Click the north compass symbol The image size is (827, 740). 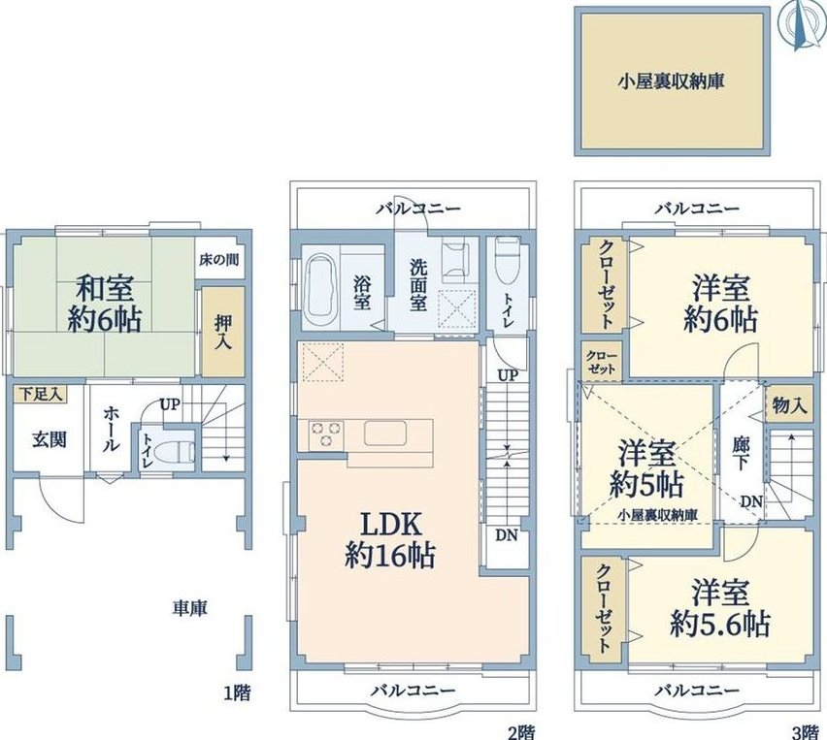pyautogui.click(x=800, y=25)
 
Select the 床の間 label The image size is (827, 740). pyautogui.click(x=218, y=259)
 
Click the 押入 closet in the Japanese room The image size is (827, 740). pyautogui.click(x=223, y=332)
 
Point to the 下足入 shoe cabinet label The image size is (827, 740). pyautogui.click(x=42, y=394)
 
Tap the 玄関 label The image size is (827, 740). pyautogui.click(x=50, y=439)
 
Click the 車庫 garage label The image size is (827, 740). pyautogui.click(x=190, y=608)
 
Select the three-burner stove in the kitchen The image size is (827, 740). pyautogui.click(x=326, y=435)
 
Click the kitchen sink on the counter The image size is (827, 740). pyautogui.click(x=384, y=434)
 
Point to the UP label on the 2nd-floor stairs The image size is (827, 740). pyautogui.click(x=508, y=375)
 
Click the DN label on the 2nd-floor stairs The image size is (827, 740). pyautogui.click(x=507, y=535)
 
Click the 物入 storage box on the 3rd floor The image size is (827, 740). pyautogui.click(x=789, y=404)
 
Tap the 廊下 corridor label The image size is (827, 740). pyautogui.click(x=740, y=453)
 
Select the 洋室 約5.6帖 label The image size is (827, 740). pyautogui.click(x=720, y=608)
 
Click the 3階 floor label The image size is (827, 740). pyautogui.click(x=805, y=731)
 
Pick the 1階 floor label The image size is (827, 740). pyautogui.click(x=237, y=692)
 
